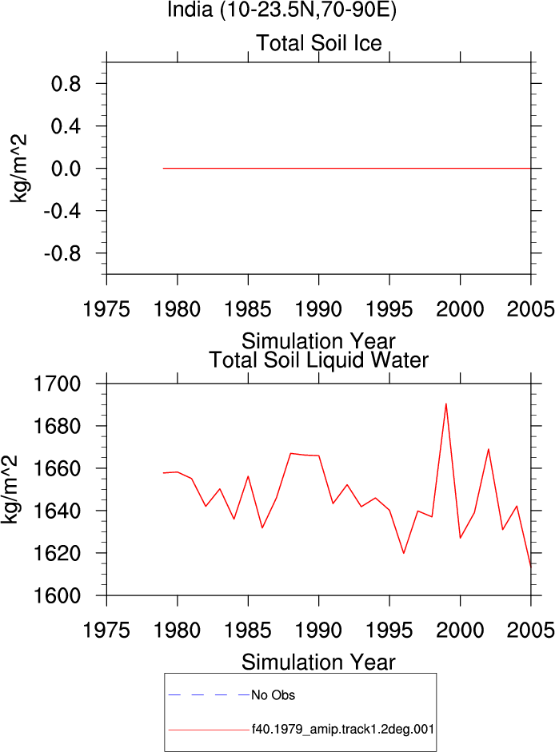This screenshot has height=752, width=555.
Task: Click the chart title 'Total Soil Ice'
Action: (x=319, y=43)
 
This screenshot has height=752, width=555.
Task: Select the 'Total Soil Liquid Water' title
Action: (x=319, y=360)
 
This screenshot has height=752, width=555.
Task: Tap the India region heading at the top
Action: (x=281, y=10)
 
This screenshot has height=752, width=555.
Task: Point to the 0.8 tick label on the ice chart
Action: (x=66, y=84)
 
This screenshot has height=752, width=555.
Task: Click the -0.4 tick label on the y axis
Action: (x=62, y=211)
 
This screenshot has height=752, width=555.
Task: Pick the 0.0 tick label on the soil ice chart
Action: (x=66, y=169)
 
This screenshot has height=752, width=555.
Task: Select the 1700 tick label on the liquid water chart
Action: (x=57, y=384)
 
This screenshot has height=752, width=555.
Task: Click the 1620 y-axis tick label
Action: (x=57, y=554)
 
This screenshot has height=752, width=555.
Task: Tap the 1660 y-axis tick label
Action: (x=57, y=468)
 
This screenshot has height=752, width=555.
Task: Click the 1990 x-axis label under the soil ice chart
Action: (x=319, y=309)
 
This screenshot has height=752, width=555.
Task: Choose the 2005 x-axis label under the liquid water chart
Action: (x=530, y=631)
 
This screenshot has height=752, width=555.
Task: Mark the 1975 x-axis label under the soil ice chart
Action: (x=106, y=309)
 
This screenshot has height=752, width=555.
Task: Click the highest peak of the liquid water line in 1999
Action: (x=446, y=404)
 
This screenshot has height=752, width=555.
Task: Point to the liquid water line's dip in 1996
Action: (x=404, y=553)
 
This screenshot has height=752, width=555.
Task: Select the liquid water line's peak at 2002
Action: (x=489, y=449)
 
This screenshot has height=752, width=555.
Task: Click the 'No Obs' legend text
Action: (x=274, y=695)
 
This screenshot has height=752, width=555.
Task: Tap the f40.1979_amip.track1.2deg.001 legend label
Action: (x=343, y=730)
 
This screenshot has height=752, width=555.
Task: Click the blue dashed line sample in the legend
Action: (x=210, y=694)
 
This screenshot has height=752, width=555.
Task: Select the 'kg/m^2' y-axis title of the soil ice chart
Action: (x=18, y=169)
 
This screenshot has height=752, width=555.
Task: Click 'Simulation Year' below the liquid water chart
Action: (x=318, y=662)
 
